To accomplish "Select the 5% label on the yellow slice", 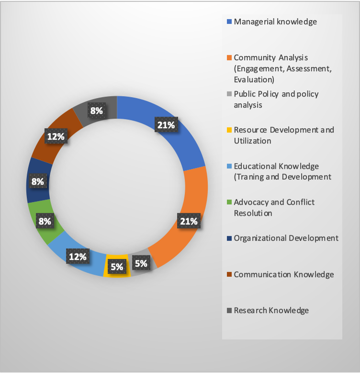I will click(116, 267).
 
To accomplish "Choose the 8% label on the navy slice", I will click(38, 182).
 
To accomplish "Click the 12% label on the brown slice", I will click(56, 137).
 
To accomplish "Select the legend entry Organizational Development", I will click(286, 238).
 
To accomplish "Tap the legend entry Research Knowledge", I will click(271, 310).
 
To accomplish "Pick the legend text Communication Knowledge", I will click(283, 274).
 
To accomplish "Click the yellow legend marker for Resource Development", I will click(229, 131).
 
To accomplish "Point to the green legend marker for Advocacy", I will click(229, 203).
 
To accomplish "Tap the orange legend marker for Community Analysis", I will click(229, 58).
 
